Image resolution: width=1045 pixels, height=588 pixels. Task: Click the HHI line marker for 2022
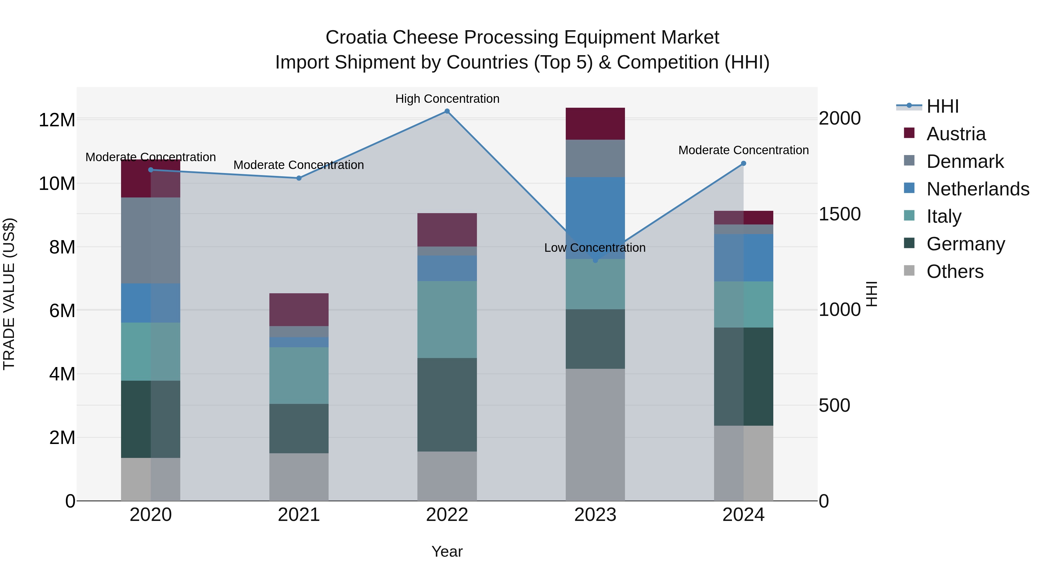(447, 111)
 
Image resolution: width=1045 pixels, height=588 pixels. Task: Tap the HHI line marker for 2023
(595, 260)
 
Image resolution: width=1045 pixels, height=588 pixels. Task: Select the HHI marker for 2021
(299, 178)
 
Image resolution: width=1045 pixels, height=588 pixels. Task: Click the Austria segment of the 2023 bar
(595, 124)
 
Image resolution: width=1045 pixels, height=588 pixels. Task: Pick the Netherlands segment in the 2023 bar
(595, 218)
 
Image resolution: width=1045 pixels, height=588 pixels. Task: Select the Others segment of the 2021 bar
(299, 477)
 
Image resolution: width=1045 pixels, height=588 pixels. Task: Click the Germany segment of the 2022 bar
(447, 404)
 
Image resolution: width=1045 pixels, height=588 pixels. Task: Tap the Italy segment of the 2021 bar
(299, 375)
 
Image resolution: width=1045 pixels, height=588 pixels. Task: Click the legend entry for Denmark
(965, 161)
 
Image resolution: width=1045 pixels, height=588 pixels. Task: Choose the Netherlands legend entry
(978, 189)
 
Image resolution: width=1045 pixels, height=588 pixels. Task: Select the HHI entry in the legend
(942, 106)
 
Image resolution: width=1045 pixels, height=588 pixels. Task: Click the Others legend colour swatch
(909, 271)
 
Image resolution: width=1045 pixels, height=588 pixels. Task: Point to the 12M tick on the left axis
(57, 120)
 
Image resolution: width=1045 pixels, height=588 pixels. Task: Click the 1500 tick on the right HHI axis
(839, 214)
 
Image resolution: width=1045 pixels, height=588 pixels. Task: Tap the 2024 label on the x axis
(743, 515)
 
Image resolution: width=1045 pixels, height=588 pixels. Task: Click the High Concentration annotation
(447, 99)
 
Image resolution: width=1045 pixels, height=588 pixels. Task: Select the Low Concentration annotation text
(595, 247)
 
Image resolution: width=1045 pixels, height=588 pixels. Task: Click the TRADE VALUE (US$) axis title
(9, 294)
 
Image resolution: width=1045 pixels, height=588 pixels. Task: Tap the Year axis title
(447, 551)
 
